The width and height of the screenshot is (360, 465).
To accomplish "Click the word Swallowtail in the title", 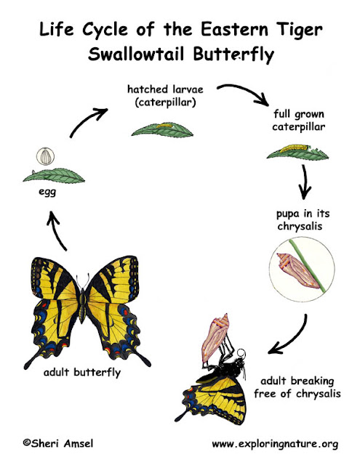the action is click(136, 54).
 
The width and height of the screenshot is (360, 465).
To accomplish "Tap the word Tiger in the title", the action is click(300, 31).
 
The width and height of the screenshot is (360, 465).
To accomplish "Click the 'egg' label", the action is click(47, 192).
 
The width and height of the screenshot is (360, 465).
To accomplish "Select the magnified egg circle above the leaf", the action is click(45, 156).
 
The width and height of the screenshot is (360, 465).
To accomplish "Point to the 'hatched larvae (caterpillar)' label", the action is click(165, 95).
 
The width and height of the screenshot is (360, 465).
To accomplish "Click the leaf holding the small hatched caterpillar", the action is click(162, 130).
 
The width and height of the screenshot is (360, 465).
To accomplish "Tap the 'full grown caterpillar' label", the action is click(299, 121).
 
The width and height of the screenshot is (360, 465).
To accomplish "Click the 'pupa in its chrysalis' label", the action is click(303, 219).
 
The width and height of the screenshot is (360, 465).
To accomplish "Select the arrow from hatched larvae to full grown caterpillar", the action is click(245, 92).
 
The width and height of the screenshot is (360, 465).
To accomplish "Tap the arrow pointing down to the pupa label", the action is click(305, 182).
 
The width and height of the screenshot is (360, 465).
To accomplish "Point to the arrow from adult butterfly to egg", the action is click(57, 232).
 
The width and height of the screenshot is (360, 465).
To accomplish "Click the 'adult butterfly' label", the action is click(82, 373).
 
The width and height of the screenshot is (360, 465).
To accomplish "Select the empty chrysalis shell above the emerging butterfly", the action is click(215, 338).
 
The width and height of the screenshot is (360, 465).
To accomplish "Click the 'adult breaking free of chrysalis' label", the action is click(297, 387).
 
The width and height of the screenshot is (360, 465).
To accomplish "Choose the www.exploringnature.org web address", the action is click(275, 444).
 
